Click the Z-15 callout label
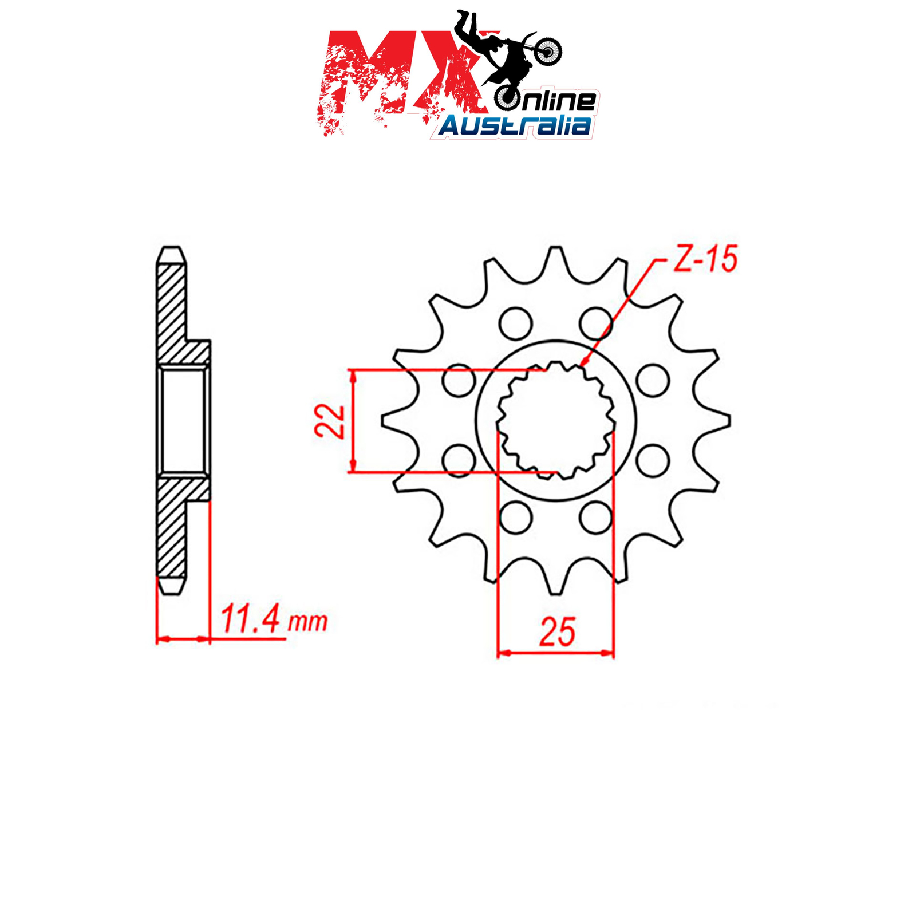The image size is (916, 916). (705, 259)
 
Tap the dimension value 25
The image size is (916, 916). (557, 632)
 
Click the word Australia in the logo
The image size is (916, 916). (515, 125)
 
